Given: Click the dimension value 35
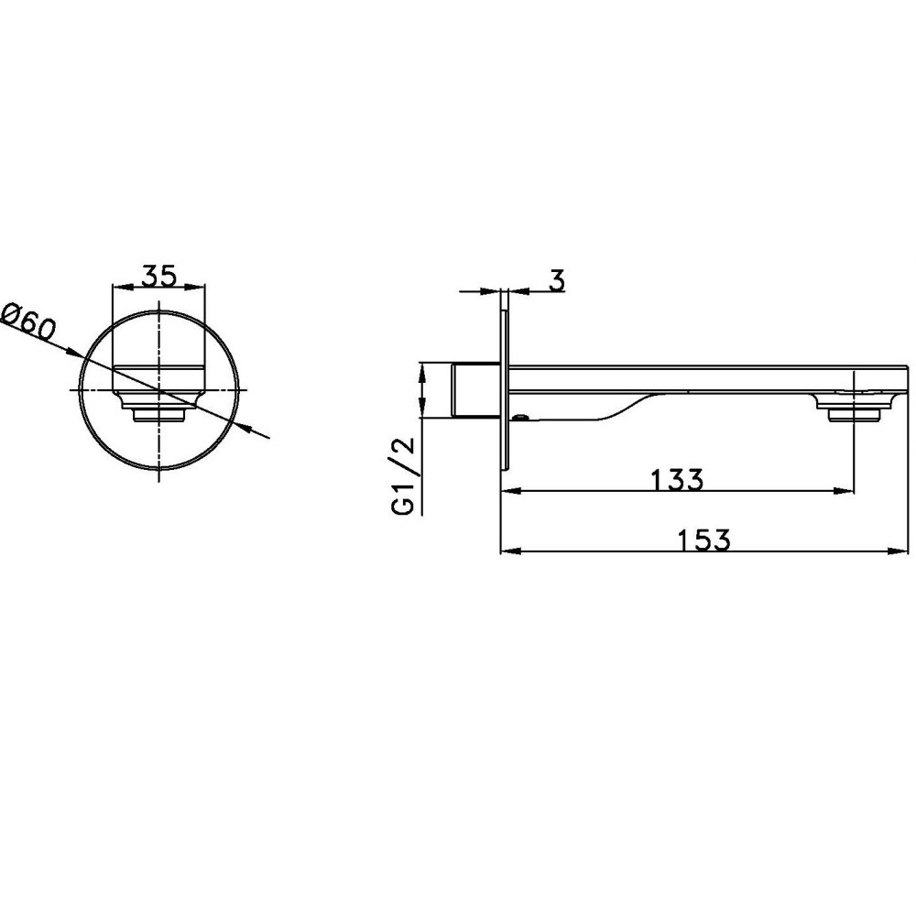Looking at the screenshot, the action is [159, 276].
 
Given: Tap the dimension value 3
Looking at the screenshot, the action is [557, 280].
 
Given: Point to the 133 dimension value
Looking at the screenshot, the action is [677, 480].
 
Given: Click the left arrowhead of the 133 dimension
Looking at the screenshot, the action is [511, 492].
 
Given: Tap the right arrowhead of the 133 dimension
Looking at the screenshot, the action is [845, 492].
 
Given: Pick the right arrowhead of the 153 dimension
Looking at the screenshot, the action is [899, 551].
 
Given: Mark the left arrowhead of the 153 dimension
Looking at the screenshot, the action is [511, 551].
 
